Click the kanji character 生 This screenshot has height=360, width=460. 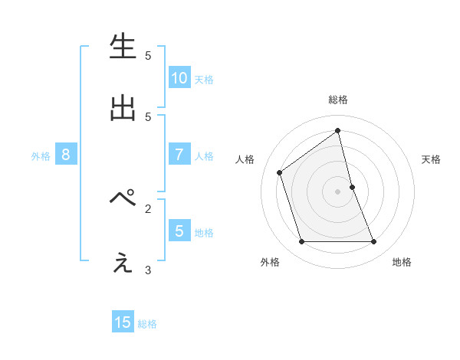(123, 47)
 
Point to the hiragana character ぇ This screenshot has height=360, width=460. (123, 263)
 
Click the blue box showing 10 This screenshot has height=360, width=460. (179, 77)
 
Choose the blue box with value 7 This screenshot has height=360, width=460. (179, 155)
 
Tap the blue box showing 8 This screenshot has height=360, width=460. (66, 155)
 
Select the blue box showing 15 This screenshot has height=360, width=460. (123, 322)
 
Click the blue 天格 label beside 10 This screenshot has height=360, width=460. (204, 79)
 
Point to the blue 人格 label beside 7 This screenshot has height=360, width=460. (204, 156)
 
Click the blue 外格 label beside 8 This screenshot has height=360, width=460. (41, 156)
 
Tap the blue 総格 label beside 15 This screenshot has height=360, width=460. (147, 324)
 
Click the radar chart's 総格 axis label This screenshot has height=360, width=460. (338, 100)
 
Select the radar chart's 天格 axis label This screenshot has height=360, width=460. (432, 159)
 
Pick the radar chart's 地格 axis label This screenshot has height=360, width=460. (402, 262)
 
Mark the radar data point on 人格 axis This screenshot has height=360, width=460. (280, 172)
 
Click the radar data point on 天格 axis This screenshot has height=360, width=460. (352, 187)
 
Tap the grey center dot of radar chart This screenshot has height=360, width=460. (338, 191)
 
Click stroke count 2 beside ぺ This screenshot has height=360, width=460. (148, 208)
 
